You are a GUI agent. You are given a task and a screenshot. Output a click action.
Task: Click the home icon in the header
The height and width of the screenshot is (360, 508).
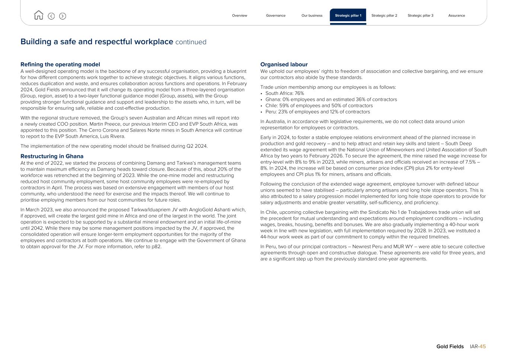(x=38, y=15)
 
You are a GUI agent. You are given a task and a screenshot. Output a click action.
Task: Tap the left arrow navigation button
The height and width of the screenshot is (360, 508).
(x=51, y=16)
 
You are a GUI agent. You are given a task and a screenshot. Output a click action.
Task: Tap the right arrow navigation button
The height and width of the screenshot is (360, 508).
(x=63, y=16)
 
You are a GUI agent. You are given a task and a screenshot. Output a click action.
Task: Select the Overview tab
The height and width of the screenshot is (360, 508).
(x=239, y=16)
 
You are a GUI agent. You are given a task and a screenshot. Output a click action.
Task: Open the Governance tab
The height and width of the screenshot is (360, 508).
(x=276, y=16)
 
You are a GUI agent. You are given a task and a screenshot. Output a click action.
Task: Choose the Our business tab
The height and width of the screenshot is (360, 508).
(x=312, y=16)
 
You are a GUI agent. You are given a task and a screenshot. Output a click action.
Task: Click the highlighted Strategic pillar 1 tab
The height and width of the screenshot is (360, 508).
(x=348, y=16)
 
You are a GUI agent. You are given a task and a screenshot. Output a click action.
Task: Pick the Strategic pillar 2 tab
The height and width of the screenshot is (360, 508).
(x=384, y=16)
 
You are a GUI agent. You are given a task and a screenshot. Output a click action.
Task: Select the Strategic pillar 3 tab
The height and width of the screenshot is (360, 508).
(x=420, y=16)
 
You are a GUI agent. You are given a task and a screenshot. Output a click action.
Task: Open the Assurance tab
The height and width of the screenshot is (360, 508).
(x=457, y=16)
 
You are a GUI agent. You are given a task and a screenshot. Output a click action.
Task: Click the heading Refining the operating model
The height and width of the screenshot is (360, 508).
(x=60, y=65)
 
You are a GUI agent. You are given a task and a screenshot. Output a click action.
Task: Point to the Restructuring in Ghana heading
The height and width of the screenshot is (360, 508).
(x=52, y=157)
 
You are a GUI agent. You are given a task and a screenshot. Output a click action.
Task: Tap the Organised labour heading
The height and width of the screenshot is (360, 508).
(x=284, y=65)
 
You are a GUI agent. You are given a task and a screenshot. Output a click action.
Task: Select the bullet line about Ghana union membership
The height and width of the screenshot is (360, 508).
(x=331, y=100)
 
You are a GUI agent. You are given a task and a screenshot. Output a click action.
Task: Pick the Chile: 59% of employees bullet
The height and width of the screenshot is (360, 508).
(x=319, y=106)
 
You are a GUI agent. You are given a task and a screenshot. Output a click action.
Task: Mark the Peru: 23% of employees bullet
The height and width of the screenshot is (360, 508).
(x=317, y=112)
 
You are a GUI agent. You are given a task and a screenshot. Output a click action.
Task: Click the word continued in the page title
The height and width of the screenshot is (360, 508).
(x=191, y=42)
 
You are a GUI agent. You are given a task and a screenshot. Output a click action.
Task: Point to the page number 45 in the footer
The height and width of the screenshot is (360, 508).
(x=482, y=347)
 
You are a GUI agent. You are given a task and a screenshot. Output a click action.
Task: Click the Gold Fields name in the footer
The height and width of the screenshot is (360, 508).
(x=450, y=347)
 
